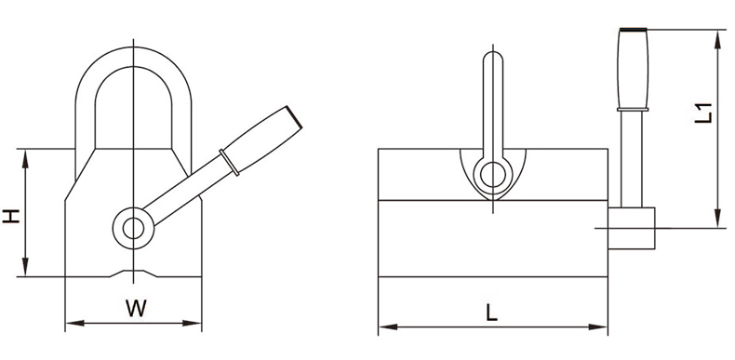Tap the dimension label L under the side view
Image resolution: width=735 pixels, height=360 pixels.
[491, 312]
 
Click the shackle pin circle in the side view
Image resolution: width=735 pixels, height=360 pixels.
[491, 173]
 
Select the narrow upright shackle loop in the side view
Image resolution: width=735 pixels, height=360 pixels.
[491, 102]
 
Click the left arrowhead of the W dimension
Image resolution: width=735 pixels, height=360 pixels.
[71, 325]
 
